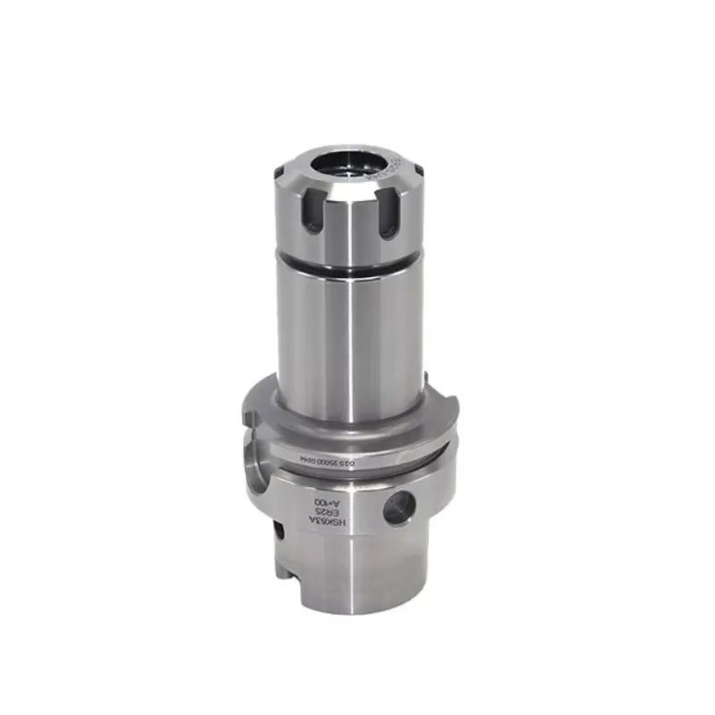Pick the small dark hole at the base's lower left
278,533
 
